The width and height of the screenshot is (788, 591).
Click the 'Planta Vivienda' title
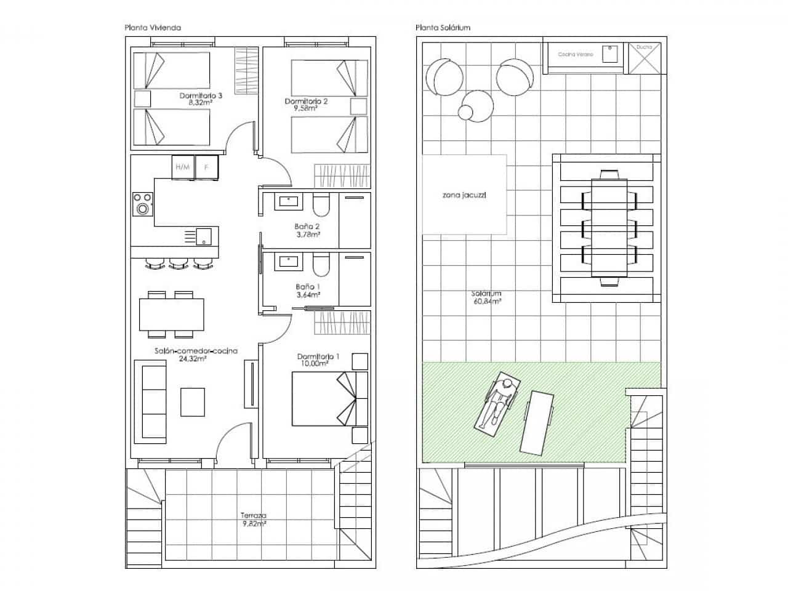coord(152,28)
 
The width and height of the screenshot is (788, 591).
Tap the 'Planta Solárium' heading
coord(443,28)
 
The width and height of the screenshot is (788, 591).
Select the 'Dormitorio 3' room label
coord(201,96)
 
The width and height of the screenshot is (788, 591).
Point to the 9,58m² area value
coord(305,108)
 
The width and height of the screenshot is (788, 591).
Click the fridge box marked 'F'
coord(206,167)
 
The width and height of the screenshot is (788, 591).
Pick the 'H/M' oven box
coord(183,167)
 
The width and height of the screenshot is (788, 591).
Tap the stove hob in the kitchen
coord(143,204)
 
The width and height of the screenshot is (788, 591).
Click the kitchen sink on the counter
coord(203,236)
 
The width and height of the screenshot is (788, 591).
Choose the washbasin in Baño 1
coord(289,261)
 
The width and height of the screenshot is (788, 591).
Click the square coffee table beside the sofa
coord(193,401)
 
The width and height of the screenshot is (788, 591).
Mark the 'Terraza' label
coord(253,516)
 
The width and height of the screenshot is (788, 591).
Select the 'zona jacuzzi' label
coord(464,195)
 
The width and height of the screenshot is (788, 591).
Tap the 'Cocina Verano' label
coord(576,55)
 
